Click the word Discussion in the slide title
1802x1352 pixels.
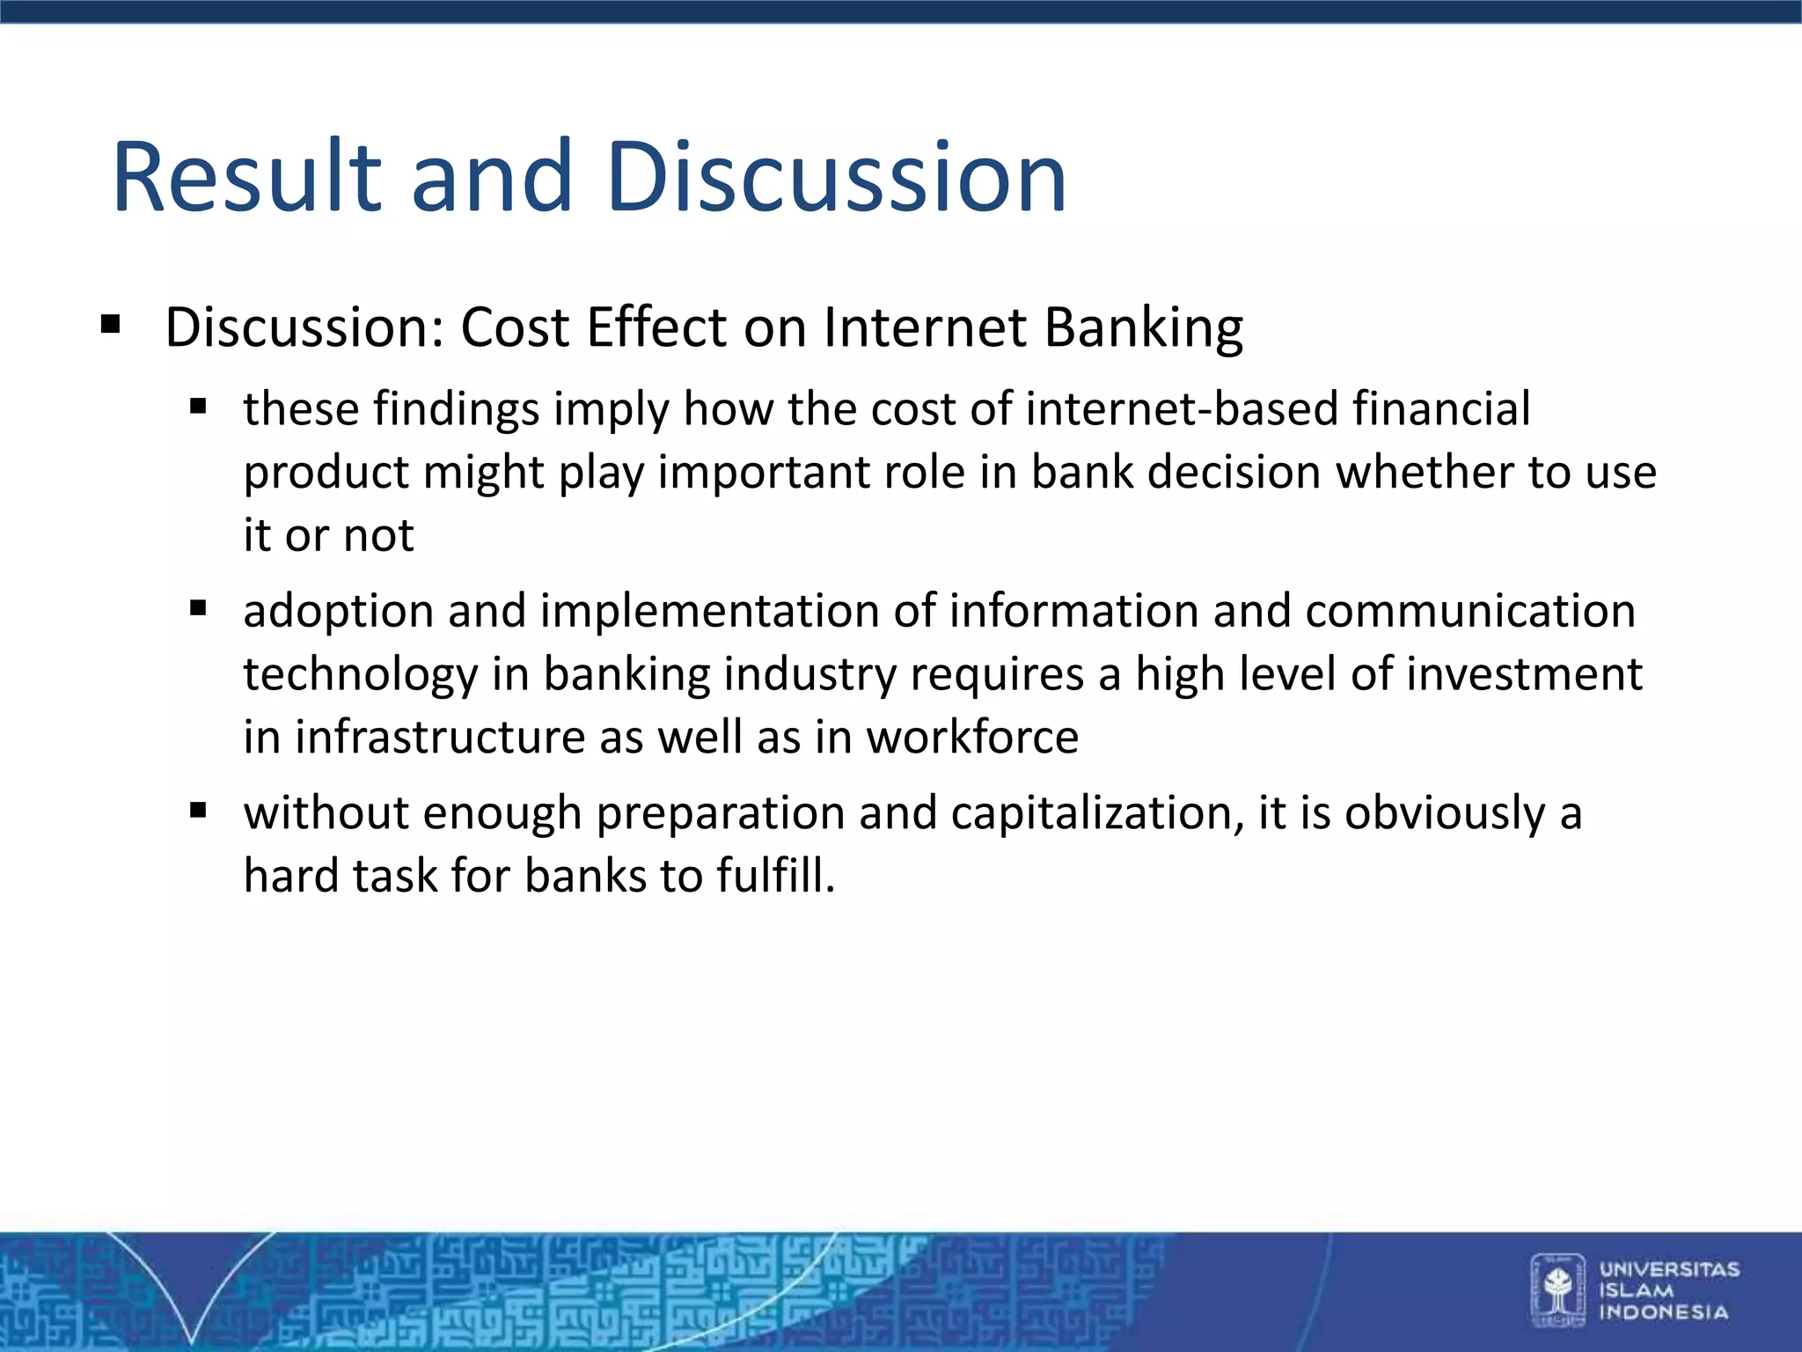click(836, 178)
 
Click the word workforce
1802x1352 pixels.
click(972, 738)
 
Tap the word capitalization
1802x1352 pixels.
click(1096, 813)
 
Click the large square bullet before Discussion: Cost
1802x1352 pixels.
click(110, 326)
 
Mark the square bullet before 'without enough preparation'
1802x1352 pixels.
click(198, 810)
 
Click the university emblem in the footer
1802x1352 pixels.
click(1557, 1290)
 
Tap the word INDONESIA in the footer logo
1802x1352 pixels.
click(1663, 1312)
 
